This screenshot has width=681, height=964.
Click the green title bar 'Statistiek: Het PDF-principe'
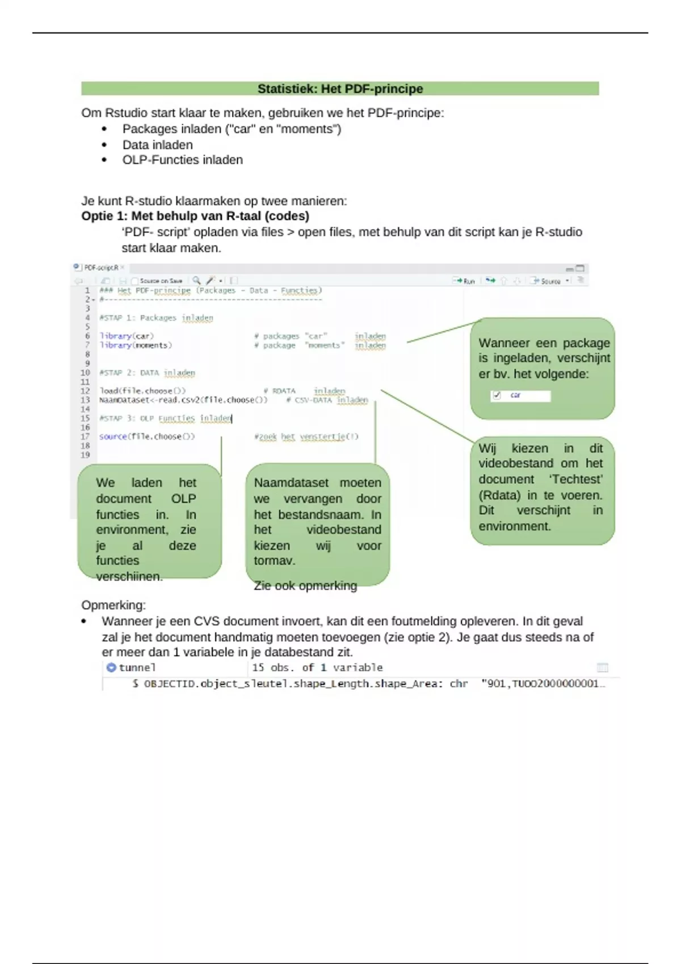pos(340,88)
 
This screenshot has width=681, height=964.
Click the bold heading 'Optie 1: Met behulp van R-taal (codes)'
pos(195,216)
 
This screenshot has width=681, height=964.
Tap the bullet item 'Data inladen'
pos(158,145)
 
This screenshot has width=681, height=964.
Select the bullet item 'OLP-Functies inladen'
pos(182,160)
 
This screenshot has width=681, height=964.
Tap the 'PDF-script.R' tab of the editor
pos(101,268)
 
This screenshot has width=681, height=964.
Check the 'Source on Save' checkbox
pos(135,281)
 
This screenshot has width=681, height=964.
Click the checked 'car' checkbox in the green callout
pos(497,395)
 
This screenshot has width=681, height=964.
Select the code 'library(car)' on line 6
pos(127,336)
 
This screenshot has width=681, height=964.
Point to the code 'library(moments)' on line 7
pos(136,345)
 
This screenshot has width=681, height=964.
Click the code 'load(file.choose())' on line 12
pos(142,391)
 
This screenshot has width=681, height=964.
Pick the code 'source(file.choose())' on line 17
pos(147,436)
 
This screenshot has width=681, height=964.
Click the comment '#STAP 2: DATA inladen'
pos(147,373)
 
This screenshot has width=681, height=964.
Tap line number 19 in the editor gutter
pos(85,455)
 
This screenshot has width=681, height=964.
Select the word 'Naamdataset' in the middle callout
pos(291,483)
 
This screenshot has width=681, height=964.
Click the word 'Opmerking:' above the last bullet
pos(113,605)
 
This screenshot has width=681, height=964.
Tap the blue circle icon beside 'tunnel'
pos(111,667)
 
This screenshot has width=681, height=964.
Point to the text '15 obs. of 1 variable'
pos(317,667)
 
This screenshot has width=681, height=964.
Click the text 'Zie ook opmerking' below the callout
pos(305,586)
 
